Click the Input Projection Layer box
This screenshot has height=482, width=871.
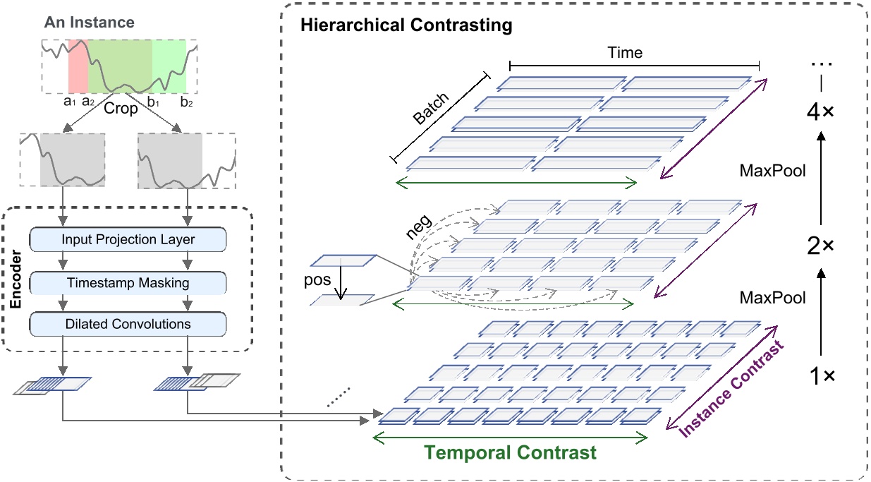(128, 239)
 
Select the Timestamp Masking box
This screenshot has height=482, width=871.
(128, 282)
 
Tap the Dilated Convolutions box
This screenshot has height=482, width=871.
(128, 324)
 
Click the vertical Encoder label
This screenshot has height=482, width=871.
(16, 282)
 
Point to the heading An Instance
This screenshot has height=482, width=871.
(89, 23)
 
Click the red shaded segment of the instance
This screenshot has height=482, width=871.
(78, 66)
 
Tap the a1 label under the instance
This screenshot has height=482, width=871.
(69, 102)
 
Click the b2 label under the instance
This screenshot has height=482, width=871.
(186, 102)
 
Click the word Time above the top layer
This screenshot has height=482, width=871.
(625, 53)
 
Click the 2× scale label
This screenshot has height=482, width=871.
(820, 246)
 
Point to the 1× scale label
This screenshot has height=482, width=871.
(820, 377)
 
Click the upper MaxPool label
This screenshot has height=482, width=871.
(772, 170)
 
